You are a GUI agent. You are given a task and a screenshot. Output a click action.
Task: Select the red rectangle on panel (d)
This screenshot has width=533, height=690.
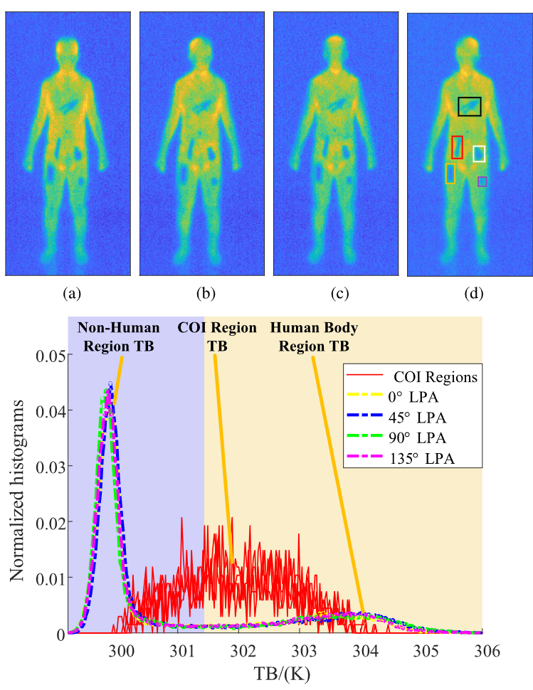click(x=453, y=147)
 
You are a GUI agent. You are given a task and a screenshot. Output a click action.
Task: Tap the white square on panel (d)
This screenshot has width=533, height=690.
click(x=474, y=154)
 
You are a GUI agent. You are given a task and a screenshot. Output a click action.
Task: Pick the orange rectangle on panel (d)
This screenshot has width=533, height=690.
click(x=446, y=174)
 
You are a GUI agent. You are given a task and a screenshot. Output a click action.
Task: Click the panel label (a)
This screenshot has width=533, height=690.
click(x=72, y=293)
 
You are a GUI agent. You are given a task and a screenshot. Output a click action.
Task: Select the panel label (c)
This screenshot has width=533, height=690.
click(x=339, y=293)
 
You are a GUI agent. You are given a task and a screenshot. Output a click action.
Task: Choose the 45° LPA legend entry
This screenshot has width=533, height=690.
click(x=396, y=417)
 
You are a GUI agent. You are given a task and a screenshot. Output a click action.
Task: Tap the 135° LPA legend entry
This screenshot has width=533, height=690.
click(x=401, y=458)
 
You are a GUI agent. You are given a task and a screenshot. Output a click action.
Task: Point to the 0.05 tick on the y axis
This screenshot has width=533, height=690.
click(x=51, y=356)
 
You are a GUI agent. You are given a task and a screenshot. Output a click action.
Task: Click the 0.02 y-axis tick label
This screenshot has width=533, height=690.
click(x=51, y=522)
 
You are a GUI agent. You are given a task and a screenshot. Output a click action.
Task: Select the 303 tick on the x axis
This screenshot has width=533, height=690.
click(x=305, y=650)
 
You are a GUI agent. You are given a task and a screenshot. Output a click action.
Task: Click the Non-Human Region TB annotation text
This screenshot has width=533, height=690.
click(x=118, y=336)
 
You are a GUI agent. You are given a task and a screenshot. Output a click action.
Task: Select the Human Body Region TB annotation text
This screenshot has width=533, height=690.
click(x=314, y=336)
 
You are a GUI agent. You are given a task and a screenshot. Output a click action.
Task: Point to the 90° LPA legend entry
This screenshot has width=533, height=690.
click(x=396, y=438)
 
